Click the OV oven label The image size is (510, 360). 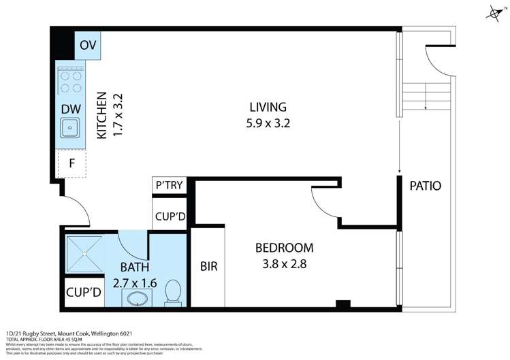pyautogui.click(x=87, y=45)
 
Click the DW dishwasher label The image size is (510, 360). pyautogui.click(x=71, y=108)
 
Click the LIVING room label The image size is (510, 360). pyautogui.click(x=268, y=107)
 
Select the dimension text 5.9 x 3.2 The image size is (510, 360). pyautogui.click(x=268, y=123)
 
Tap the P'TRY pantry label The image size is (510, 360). pyautogui.click(x=169, y=186)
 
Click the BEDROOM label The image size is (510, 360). pyautogui.click(x=284, y=248)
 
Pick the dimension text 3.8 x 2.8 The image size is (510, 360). pyautogui.click(x=284, y=264)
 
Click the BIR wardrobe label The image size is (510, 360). pyautogui.click(x=208, y=266)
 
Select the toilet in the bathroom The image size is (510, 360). pyautogui.click(x=173, y=292)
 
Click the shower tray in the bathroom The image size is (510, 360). pyautogui.click(x=84, y=253)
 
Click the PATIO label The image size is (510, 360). pyautogui.click(x=426, y=186)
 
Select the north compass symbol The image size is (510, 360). pyautogui.click(x=494, y=12)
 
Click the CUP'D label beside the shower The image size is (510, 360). pyautogui.click(x=84, y=293)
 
